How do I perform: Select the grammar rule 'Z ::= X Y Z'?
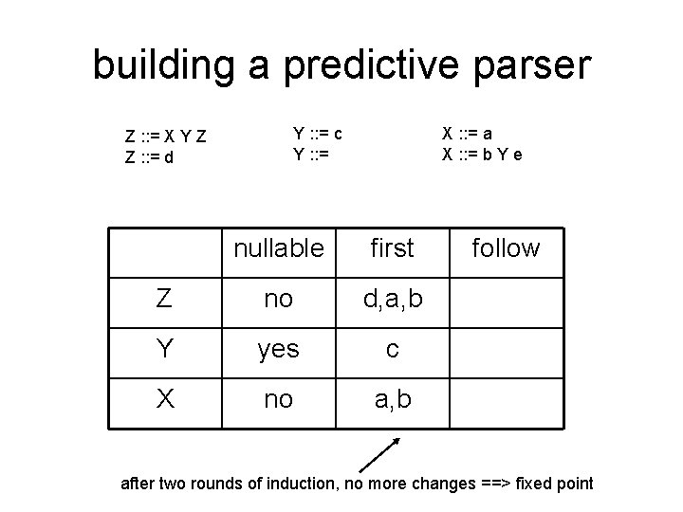tap(166, 138)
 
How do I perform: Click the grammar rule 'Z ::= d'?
tap(149, 157)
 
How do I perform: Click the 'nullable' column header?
tap(279, 248)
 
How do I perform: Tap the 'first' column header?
tap(392, 248)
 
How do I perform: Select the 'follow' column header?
tap(507, 248)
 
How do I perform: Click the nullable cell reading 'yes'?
tap(279, 350)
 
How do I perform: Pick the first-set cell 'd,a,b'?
tap(392, 301)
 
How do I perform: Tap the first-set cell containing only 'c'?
tap(392, 350)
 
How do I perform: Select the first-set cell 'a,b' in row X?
tap(392, 400)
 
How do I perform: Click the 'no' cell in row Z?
tap(279, 301)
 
